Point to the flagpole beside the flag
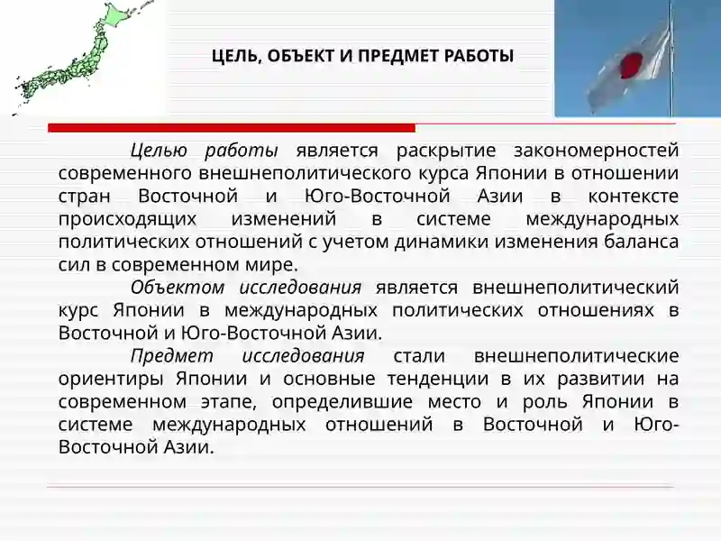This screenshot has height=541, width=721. [x=670, y=54]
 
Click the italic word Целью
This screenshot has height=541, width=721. [x=160, y=150]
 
